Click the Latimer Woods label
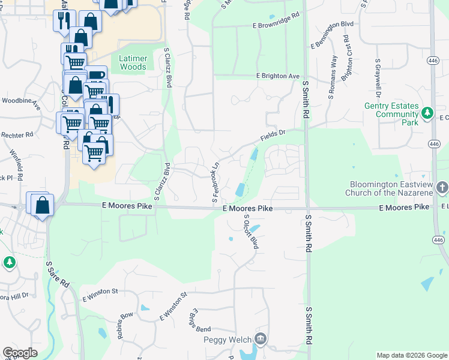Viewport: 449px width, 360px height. click(x=133, y=62)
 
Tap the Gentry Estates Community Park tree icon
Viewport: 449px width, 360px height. click(x=427, y=112)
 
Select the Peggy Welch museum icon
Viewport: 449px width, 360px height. click(x=259, y=340)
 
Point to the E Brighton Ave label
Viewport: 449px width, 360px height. click(x=277, y=77)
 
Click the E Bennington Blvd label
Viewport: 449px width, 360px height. click(x=332, y=34)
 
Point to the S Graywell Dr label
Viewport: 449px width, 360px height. click(x=379, y=78)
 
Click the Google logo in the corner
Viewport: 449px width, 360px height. click(x=20, y=353)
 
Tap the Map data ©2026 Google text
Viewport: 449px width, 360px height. click(x=411, y=355)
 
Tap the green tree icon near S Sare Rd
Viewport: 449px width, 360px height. click(x=9, y=262)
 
